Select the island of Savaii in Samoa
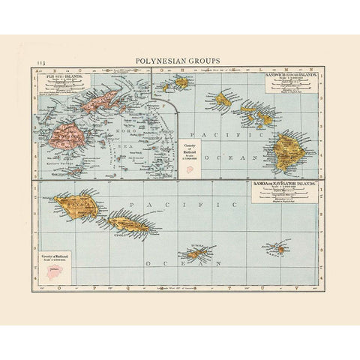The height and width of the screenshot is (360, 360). pos(77,203)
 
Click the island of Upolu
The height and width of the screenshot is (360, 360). pos(132,223)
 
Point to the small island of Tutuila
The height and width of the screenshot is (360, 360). pos(198,253)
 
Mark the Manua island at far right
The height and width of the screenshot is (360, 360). pos(277,248)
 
